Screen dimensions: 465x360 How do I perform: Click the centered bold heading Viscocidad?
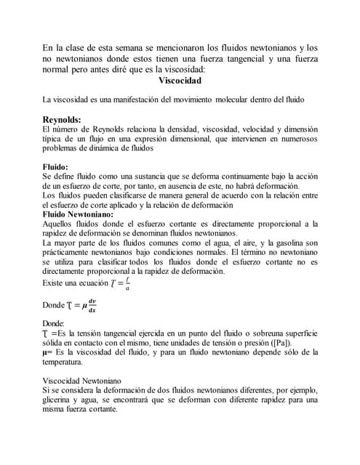coord(180,81)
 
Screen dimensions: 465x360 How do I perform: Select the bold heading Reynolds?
coord(62,119)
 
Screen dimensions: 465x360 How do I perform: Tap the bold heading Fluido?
coord(56,166)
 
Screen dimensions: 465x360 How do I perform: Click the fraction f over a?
coord(128,283)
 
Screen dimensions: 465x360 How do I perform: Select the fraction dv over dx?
coord(92,305)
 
